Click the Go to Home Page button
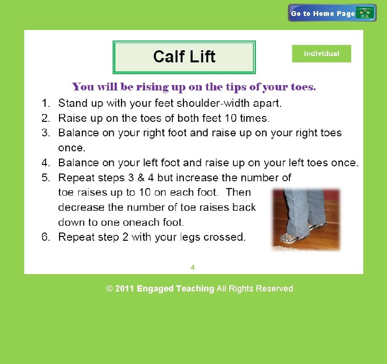332,13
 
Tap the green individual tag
321,54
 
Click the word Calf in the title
169,57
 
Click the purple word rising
152,87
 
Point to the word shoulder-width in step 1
213,103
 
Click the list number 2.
46,118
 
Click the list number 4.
46,163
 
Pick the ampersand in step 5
141,177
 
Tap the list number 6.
46,237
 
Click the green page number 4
193,267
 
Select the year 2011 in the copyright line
125,289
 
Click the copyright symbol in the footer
109,289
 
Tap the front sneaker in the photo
291,238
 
